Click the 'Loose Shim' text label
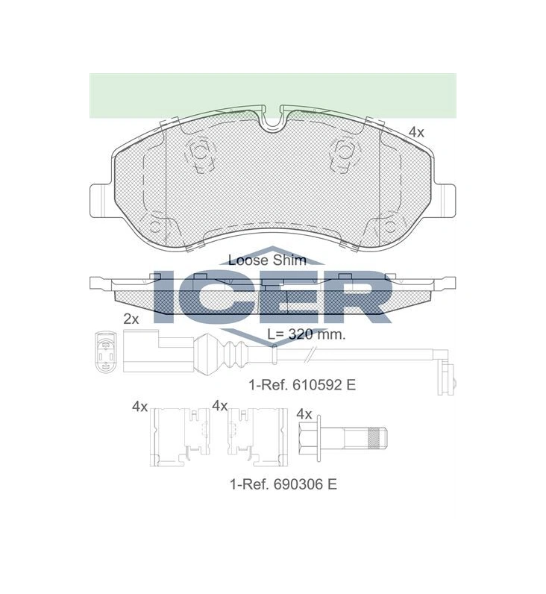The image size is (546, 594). click(x=267, y=260)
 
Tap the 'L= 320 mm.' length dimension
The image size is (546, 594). click(x=307, y=334)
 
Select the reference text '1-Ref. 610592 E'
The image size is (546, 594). click(x=302, y=385)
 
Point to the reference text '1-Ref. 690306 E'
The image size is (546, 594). click(x=283, y=484)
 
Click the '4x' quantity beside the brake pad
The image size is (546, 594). click(x=416, y=132)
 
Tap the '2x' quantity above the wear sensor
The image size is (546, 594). click(x=131, y=319)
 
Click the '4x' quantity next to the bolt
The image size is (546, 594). click(x=304, y=414)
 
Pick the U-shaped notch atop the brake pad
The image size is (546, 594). click(x=272, y=120)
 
